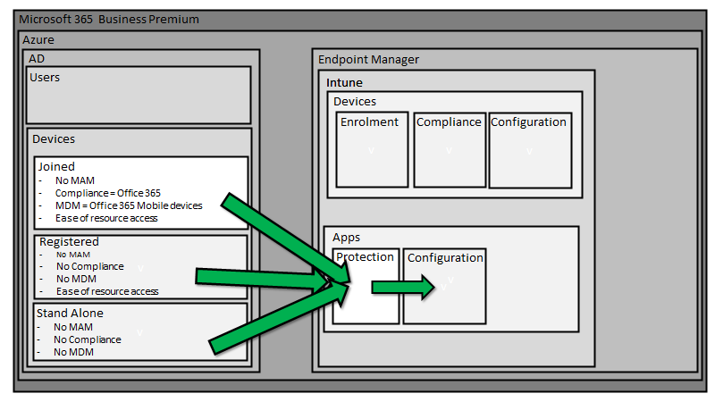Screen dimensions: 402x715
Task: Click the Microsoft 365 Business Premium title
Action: pyautogui.click(x=109, y=19)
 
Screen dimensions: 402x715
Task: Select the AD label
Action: pyautogui.click(x=37, y=57)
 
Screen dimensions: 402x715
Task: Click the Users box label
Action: pyautogui.click(x=45, y=78)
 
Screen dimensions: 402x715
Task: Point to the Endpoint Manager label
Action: pyautogui.click(x=368, y=60)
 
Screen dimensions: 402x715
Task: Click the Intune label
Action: pyautogui.click(x=344, y=83)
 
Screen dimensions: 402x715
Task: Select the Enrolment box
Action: pyautogui.click(x=372, y=148)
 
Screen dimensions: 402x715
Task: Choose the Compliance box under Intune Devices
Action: pyautogui.click(x=449, y=148)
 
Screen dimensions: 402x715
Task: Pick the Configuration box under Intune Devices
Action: pyautogui.click(x=529, y=148)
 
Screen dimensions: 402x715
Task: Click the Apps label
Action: pyautogui.click(x=346, y=238)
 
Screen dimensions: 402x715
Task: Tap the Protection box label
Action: pyautogui.click(x=365, y=257)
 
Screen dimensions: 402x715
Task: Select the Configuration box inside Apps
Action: pyautogui.click(x=445, y=285)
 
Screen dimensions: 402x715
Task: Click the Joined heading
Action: pyautogui.click(x=56, y=167)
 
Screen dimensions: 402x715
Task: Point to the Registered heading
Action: pyautogui.click(x=69, y=242)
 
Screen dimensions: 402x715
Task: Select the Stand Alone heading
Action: pyautogui.click(x=70, y=314)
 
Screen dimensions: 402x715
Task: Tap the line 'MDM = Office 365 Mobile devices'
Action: pyautogui.click(x=129, y=205)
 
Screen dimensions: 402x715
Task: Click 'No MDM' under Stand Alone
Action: pyautogui.click(x=73, y=352)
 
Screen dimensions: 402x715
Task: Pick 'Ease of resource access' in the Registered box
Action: pyautogui.click(x=106, y=291)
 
